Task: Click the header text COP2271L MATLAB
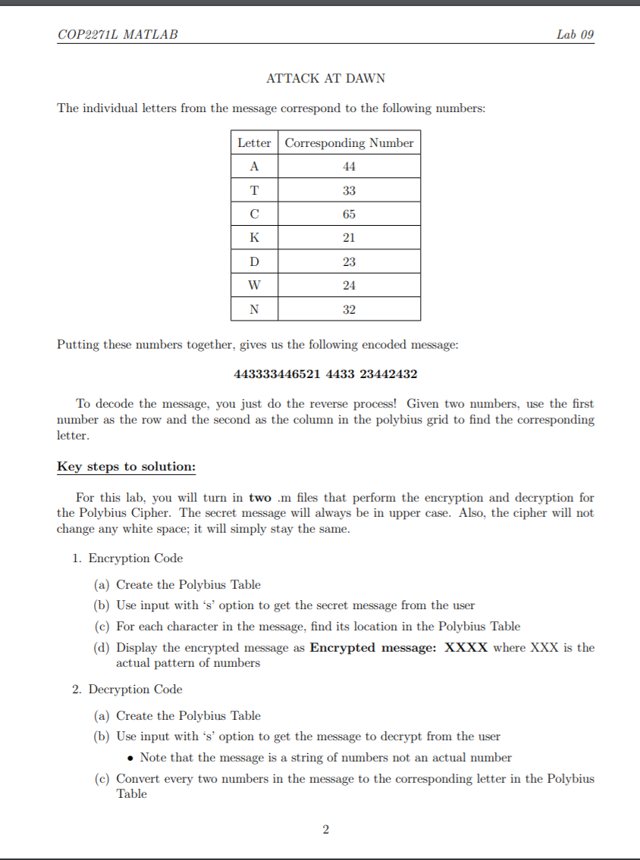pyautogui.click(x=118, y=35)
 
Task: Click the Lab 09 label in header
pyautogui.click(x=575, y=35)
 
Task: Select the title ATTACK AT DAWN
pyautogui.click(x=325, y=79)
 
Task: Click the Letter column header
pyautogui.click(x=254, y=143)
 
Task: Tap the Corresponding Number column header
pyautogui.click(x=349, y=143)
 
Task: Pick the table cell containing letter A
pyautogui.click(x=254, y=167)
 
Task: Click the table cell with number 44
pyautogui.click(x=349, y=167)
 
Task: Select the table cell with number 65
pyautogui.click(x=349, y=214)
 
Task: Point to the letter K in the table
pyautogui.click(x=254, y=238)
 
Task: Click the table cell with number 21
pyautogui.click(x=349, y=238)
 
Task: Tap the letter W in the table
pyautogui.click(x=254, y=286)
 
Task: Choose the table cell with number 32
pyautogui.click(x=349, y=309)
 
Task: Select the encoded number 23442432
pyautogui.click(x=388, y=374)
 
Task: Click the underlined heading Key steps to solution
pyautogui.click(x=126, y=467)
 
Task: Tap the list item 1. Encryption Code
pyautogui.click(x=127, y=558)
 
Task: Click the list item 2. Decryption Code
pyautogui.click(x=127, y=690)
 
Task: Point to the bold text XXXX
pyautogui.click(x=466, y=648)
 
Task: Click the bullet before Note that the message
pyautogui.click(x=131, y=758)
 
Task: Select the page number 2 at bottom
pyautogui.click(x=325, y=830)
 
